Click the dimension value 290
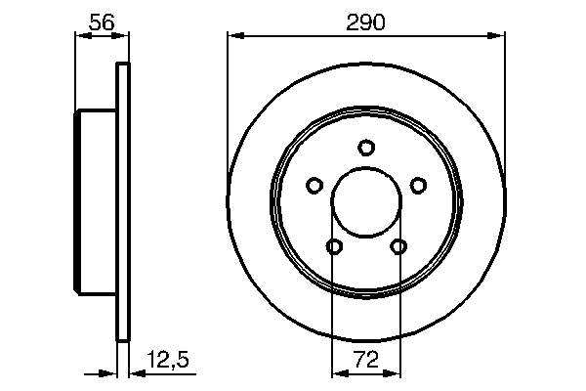[366, 21]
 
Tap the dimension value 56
[102, 21]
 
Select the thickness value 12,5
[167, 359]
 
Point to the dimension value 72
[366, 359]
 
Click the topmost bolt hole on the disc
[366, 148]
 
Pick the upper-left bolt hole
[314, 185]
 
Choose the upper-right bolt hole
[418, 185]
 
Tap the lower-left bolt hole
[334, 246]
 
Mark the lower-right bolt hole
[398, 246]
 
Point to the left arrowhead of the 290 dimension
[233, 37]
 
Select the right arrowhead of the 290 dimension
[499, 37]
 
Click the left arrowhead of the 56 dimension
[81, 37]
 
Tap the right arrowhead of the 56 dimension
[123, 37]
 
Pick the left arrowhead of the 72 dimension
[339, 372]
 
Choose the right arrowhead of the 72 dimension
[394, 372]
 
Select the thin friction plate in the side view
[122, 203]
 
